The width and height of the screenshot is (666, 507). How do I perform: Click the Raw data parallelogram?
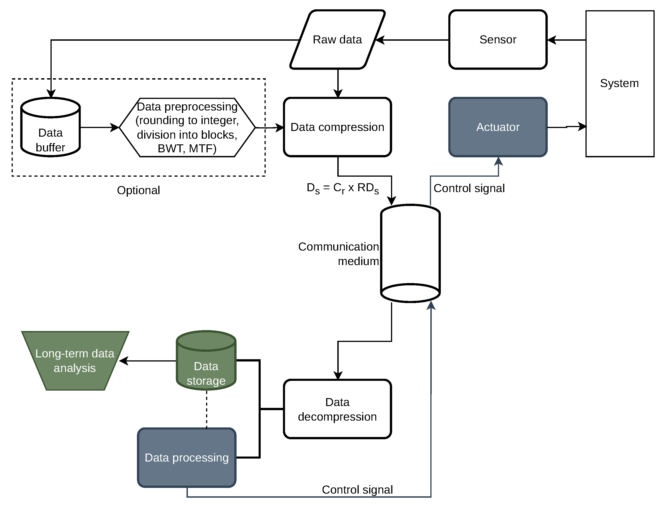[338, 40]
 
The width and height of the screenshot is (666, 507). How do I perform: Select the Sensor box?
[498, 40]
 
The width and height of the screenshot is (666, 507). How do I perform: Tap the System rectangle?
[620, 84]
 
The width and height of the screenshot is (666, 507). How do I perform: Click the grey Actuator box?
[498, 127]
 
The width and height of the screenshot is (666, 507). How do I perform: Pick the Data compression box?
[338, 127]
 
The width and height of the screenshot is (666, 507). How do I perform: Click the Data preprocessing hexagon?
[187, 127]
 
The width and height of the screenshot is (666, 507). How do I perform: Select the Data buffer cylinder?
[50, 127]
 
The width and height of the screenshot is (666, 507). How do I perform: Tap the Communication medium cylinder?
[411, 253]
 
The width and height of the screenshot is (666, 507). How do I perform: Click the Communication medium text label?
[338, 254]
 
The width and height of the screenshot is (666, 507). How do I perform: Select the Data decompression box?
[338, 409]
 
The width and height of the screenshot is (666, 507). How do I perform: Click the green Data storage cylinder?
[206, 361]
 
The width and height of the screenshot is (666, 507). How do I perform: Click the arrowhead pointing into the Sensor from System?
[551, 40]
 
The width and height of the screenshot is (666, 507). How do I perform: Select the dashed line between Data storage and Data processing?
[207, 409]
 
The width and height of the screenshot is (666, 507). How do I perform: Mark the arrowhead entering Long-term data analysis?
[124, 361]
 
